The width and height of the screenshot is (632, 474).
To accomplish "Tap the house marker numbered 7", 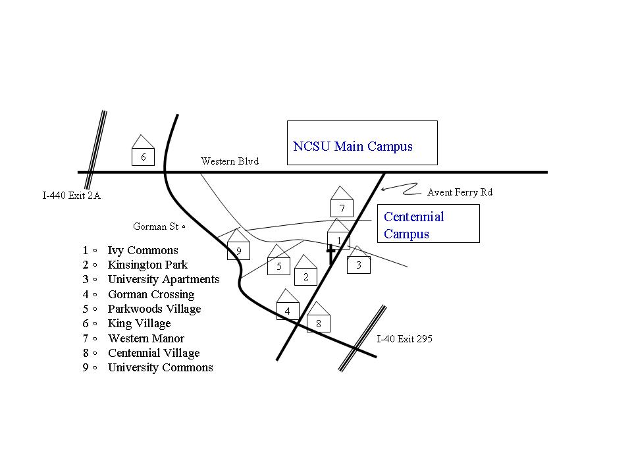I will tap(342, 204).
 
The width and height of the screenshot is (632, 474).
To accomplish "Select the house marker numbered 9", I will tap(238, 247).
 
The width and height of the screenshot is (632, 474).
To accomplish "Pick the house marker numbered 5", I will tap(279, 263).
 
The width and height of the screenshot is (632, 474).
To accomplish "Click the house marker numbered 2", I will tap(305, 273).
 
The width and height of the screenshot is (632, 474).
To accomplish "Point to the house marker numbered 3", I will tap(358, 262).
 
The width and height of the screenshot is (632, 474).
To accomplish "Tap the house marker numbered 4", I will tap(287, 307).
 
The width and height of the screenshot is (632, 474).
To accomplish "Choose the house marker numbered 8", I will tap(318, 319).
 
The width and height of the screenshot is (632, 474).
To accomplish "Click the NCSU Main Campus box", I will tap(362, 143).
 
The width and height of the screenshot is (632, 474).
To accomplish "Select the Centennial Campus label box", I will tap(428, 224).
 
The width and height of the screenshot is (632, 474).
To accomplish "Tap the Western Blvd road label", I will tap(230, 161).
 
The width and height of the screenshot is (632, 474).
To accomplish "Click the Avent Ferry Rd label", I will tap(460, 192).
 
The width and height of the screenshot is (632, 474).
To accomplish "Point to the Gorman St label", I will tap(159, 226).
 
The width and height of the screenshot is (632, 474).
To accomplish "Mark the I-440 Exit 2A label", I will tap(72, 196).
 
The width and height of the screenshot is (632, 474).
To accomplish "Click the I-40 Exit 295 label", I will tap(404, 339).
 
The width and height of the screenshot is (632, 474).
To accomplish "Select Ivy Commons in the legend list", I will tap(143, 250).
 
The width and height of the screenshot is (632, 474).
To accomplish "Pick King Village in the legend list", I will tap(139, 323).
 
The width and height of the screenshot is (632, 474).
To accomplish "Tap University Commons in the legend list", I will tap(160, 367).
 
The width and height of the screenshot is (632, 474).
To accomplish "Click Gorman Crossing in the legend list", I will tap(151, 294).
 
